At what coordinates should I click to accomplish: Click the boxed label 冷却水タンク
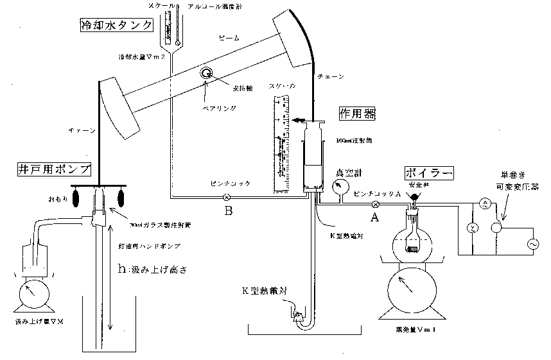pos(116,26)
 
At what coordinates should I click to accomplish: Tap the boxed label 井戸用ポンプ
pos(53,170)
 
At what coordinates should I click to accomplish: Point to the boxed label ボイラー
pos(429,173)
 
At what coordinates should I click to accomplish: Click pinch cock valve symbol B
pos(226,197)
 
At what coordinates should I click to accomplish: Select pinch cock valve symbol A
pos(376,205)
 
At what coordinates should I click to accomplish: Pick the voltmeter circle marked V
pos(471,228)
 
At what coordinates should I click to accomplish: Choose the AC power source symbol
pos(532,244)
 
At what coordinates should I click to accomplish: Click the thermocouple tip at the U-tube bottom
pos(297,315)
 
